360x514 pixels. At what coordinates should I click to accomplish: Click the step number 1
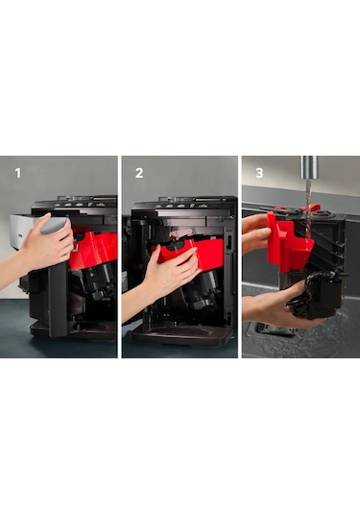point(17,173)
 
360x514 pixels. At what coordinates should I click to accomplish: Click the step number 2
point(139,173)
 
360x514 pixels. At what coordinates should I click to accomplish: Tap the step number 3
point(259,173)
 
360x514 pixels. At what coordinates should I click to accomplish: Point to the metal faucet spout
point(309,167)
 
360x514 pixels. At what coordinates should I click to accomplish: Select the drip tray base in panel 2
point(181,336)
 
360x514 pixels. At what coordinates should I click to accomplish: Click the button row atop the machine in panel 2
point(182,206)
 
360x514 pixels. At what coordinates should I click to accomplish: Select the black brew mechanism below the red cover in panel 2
point(200,292)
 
